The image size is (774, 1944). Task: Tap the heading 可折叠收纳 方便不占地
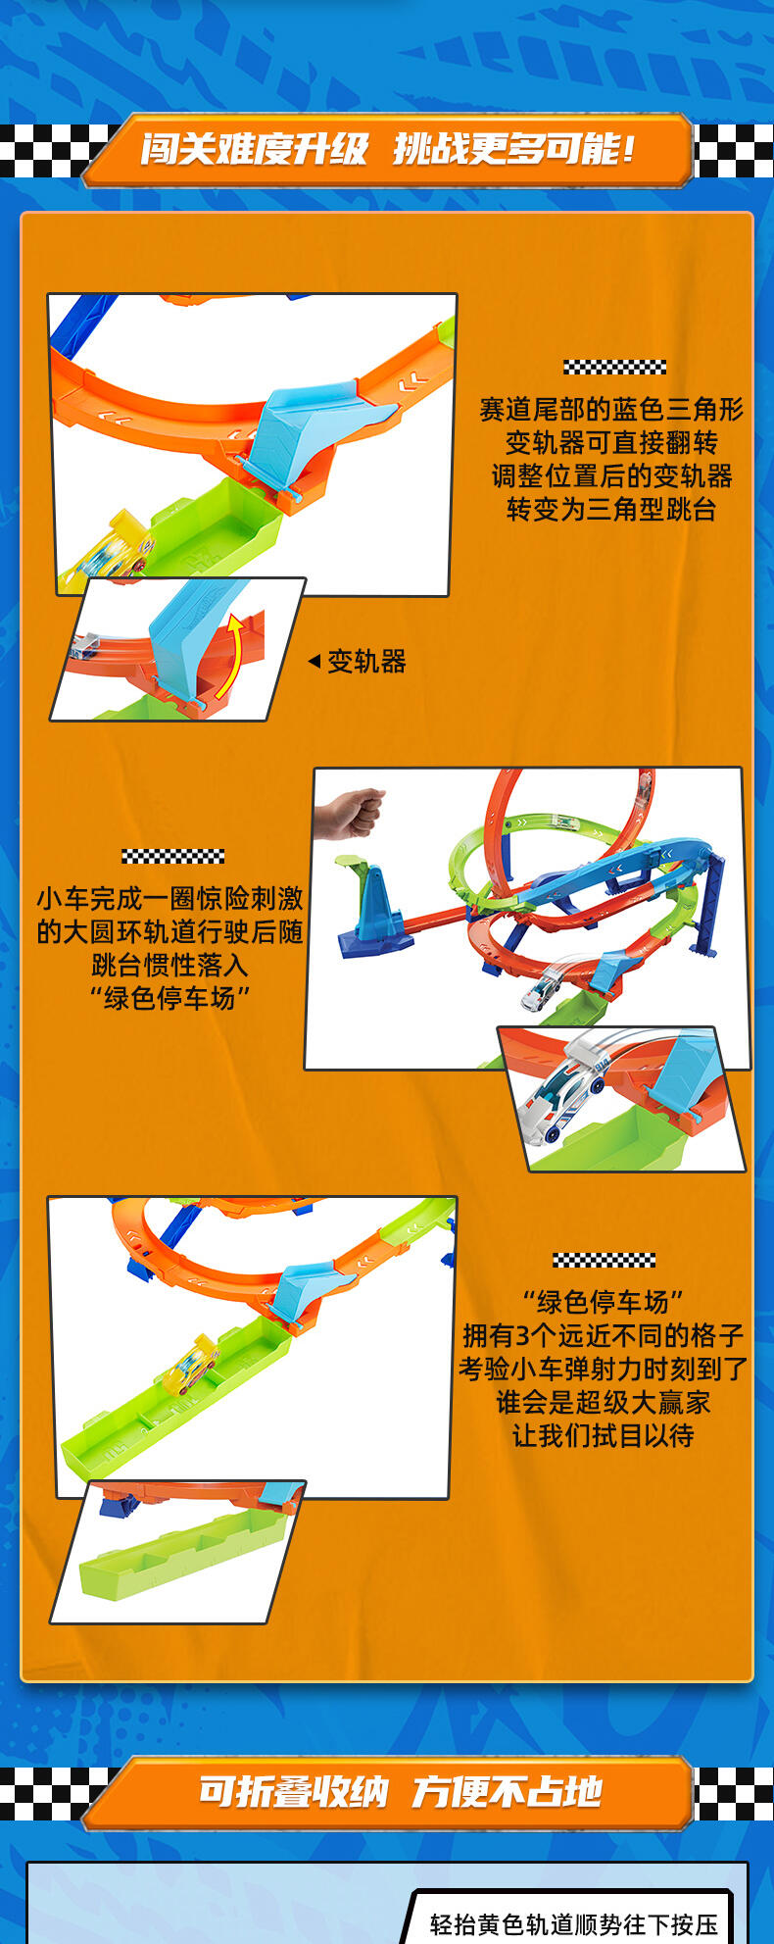[400, 1791]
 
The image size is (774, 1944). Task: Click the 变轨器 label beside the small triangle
[366, 662]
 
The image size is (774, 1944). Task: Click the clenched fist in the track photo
[350, 810]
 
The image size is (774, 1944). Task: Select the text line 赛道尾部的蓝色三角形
[611, 409]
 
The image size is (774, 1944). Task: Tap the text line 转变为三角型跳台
[611, 509]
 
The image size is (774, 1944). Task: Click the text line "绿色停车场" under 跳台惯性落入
[170, 998]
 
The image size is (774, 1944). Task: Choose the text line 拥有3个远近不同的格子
[604, 1335]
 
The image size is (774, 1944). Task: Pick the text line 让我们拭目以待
[604, 1435]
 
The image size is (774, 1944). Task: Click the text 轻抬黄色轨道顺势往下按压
[574, 1923]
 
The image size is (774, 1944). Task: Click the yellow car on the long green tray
[190, 1363]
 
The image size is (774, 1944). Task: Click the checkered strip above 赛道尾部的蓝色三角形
[614, 367]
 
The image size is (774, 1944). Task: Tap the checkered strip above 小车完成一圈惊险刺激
[173, 856]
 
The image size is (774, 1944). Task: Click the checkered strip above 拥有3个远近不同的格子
[604, 1260]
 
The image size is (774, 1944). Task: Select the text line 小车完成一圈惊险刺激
[170, 898]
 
